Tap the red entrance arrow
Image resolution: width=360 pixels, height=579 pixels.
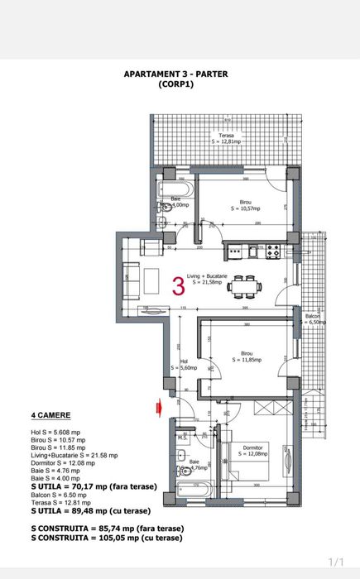156,405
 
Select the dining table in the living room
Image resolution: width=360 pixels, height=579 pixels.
244,286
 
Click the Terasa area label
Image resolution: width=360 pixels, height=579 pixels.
227,137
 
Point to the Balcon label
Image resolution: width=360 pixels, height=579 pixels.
312,318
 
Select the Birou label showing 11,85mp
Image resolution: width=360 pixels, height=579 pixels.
247,356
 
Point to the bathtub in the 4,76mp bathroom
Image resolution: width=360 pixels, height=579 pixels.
192,490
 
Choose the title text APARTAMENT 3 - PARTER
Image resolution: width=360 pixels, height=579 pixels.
175,74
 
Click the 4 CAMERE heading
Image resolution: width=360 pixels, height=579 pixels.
50,414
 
